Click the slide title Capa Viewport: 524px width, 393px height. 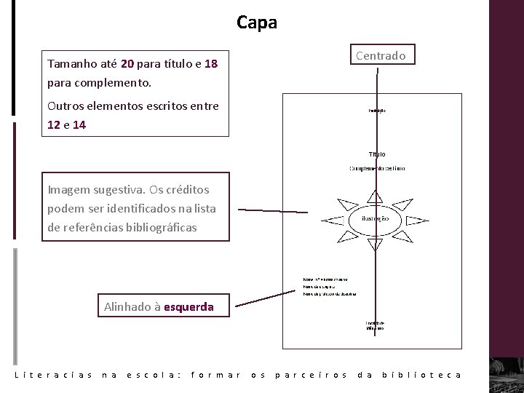tap(257, 23)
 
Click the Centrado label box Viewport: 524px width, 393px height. tap(382, 55)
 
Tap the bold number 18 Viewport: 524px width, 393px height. tap(211, 63)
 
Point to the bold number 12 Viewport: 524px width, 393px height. tap(54, 124)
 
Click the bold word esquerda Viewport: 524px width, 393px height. tap(188, 306)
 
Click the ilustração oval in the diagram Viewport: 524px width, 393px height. tap(375, 218)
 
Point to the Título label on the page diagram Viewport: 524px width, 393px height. tap(377, 154)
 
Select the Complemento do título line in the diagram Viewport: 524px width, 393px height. tap(377, 168)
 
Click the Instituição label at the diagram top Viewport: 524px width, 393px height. tap(376, 111)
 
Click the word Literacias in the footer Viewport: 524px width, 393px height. tap(53, 375)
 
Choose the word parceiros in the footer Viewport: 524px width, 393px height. tap(312, 375)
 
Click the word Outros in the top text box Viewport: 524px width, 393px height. tap(66, 106)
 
